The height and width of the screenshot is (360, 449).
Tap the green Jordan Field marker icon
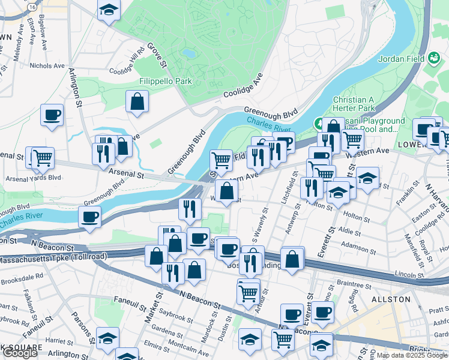434,58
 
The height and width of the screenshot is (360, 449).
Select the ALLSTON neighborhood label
390,299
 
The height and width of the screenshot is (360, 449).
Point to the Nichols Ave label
47,65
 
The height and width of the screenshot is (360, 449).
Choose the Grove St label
155,53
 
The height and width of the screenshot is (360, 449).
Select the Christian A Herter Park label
354,104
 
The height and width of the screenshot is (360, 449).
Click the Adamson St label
357,245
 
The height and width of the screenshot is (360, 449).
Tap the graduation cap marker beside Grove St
109,10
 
